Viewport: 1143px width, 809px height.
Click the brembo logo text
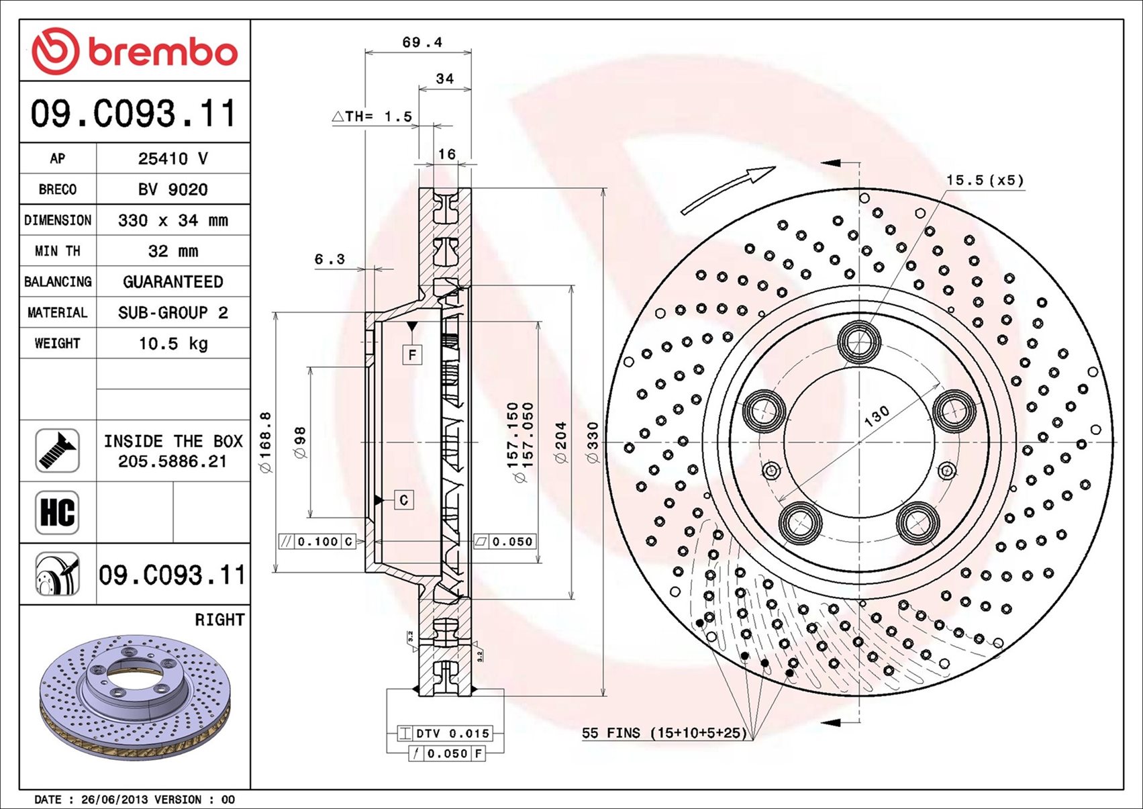pos(163,52)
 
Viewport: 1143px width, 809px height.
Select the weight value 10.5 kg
pos(173,344)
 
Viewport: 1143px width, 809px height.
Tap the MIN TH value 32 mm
pos(173,251)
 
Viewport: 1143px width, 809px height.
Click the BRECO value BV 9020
pos(173,190)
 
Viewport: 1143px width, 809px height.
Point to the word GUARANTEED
pos(173,282)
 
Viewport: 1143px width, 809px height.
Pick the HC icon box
pos(57,512)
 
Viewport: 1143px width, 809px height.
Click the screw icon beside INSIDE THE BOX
pos(57,450)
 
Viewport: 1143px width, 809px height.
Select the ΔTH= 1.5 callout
pos(372,116)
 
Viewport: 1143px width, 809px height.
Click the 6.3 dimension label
pos(330,259)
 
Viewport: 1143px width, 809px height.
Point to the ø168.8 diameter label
pos(266,442)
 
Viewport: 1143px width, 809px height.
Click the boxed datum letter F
pos(412,354)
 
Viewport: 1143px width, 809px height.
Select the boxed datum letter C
pos(403,499)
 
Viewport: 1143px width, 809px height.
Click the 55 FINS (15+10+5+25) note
pos(664,733)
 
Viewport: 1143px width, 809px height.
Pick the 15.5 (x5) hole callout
pos(985,180)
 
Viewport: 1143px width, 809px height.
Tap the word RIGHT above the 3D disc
pos(219,620)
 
